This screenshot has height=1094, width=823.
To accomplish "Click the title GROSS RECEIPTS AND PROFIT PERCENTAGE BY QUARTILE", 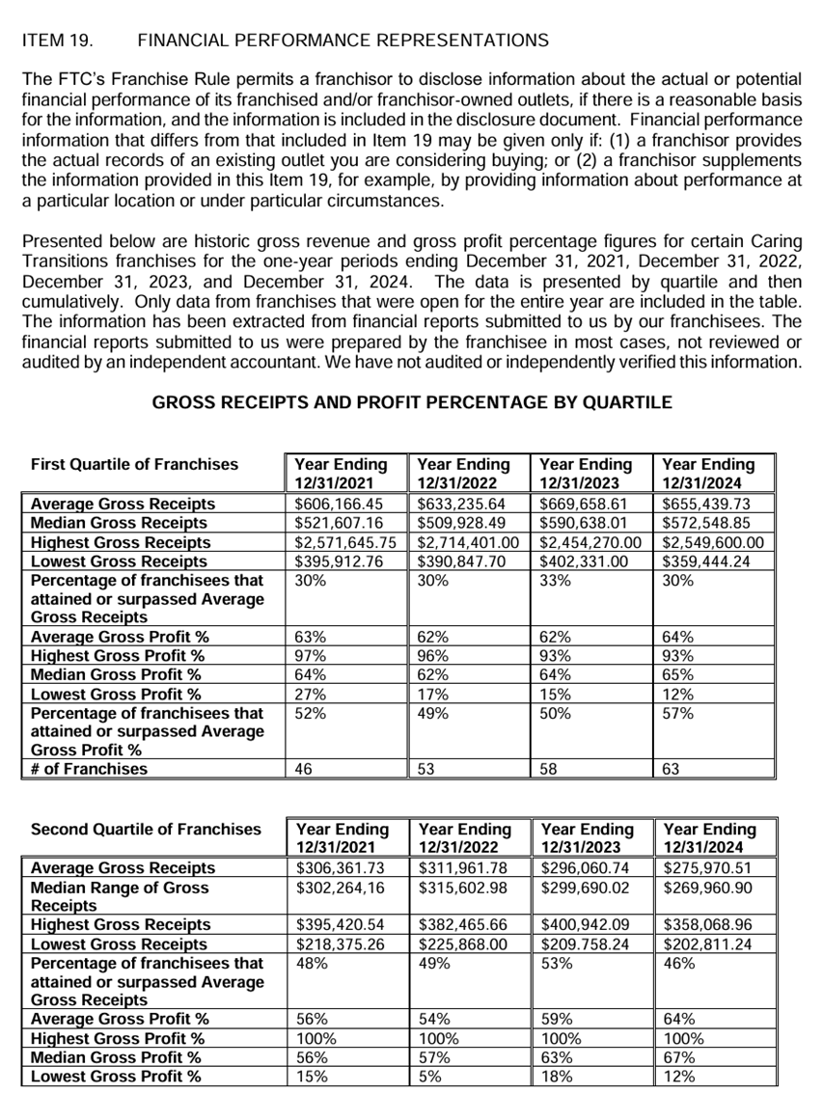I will (412, 402).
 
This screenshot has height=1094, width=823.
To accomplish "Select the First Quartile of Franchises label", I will (134, 464).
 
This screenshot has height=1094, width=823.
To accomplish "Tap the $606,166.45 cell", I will (340, 504).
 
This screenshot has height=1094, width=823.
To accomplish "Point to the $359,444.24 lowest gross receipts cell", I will (706, 561).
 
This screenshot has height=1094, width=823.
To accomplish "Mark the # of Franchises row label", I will (91, 769).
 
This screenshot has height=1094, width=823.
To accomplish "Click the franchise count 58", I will (549, 769).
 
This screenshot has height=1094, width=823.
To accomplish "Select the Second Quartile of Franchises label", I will (146, 829).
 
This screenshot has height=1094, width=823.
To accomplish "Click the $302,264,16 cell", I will (340, 887).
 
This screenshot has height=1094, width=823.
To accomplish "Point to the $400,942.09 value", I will (588, 925).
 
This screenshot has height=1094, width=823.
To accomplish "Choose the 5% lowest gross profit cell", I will (429, 1077).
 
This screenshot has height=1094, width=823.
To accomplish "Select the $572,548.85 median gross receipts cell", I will (706, 523).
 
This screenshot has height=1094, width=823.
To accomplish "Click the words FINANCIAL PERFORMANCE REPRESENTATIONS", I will (343, 41).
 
